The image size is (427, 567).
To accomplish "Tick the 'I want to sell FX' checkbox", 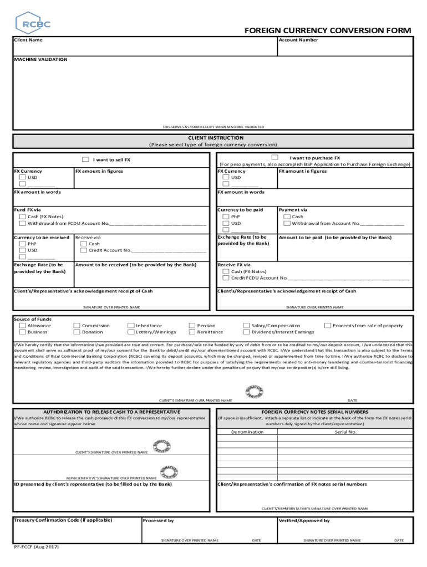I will coord(85,159).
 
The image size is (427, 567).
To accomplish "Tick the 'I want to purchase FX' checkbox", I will coord(275,158).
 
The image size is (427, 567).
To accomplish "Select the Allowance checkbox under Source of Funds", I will coord(22,326).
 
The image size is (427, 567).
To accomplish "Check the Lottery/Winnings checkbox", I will coord(131,332).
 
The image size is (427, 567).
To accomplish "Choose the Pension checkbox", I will coord(192,326).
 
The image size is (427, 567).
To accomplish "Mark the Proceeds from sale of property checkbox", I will coord(328,326).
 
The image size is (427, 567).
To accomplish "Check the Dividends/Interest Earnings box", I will coord(247,332).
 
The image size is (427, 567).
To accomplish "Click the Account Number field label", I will coord(298,40).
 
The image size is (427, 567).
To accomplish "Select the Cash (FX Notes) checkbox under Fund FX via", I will coord(22,217).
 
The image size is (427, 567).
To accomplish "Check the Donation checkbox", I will coord(77,332).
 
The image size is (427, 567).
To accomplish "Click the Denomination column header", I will coord(247,431).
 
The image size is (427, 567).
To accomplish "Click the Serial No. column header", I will coord(345,431).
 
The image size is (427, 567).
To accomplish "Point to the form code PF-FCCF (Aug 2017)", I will coord(36,547).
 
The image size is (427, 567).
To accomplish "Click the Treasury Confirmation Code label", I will coord(63,520).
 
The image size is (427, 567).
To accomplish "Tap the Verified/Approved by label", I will coord(304,520).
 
